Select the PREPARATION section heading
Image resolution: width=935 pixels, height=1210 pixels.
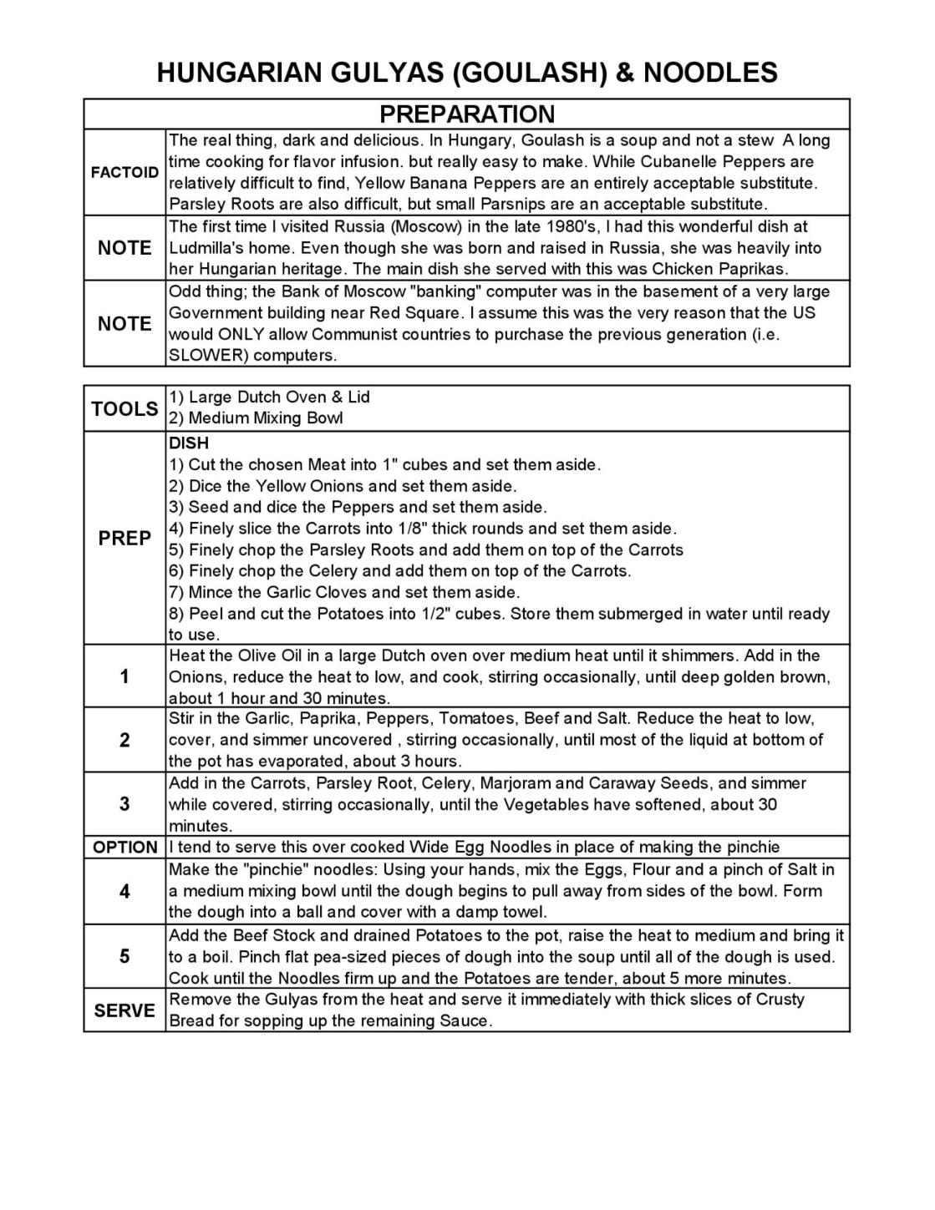point(466,114)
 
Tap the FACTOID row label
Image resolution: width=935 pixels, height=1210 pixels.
point(124,173)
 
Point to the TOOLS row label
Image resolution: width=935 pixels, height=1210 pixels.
point(124,408)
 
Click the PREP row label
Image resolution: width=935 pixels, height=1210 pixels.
point(124,539)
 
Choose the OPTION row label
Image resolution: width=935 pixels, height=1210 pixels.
point(124,848)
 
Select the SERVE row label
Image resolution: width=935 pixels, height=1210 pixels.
point(124,1010)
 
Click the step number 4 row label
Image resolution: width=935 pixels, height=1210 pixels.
point(124,892)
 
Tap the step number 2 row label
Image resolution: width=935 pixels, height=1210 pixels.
point(124,740)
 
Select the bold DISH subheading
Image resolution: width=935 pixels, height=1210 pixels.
point(189,443)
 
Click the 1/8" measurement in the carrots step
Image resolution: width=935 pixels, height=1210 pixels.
point(486,529)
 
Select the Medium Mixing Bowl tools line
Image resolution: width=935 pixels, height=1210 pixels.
point(257,418)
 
